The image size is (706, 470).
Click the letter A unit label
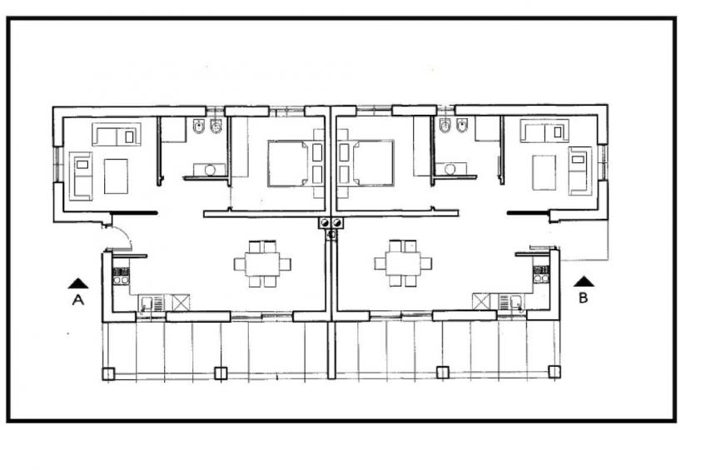coord(78,300)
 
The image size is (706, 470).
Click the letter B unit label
coord(583,298)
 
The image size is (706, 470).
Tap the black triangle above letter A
coord(78,284)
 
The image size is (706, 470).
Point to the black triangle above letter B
coord(584,281)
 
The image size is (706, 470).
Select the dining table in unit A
coord(262,264)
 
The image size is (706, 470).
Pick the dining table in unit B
coord(403,264)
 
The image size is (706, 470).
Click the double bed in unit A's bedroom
coord(296,163)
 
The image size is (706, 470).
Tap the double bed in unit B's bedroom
coord(366,163)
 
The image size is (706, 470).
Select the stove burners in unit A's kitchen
coord(121,276)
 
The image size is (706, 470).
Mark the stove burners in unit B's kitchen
coord(541,275)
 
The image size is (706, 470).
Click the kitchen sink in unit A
coord(147,303)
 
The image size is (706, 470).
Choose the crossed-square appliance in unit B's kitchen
coord(481,301)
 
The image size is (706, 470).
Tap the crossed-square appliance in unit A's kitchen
coord(181,303)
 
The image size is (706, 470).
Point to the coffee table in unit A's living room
coord(116,176)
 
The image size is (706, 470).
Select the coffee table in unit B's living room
coord(544,173)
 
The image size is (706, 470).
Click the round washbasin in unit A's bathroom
coord(210,170)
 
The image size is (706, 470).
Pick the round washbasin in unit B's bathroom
coord(450,169)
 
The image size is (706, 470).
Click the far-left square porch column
coord(108,374)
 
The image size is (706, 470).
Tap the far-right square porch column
coord(554,372)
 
